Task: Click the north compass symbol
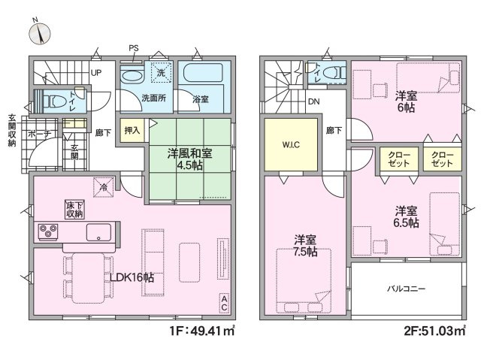[40, 32]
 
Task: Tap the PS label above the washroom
[134, 48]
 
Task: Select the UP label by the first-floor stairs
[96, 73]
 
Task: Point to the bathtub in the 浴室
[203, 73]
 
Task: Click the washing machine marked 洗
[161, 73]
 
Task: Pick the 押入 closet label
[132, 130]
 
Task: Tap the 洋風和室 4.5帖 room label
[189, 159]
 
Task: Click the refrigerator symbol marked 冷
[104, 187]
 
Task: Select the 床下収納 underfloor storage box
[74, 210]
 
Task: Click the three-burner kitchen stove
[48, 231]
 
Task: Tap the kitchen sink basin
[98, 232]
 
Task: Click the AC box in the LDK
[224, 304]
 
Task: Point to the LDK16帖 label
[132, 277]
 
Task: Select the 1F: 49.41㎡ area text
[202, 331]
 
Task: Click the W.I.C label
[291, 145]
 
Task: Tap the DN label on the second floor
[314, 101]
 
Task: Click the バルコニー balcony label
[406, 289]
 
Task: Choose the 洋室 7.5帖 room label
[305, 246]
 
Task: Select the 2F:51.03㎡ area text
[436, 331]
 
